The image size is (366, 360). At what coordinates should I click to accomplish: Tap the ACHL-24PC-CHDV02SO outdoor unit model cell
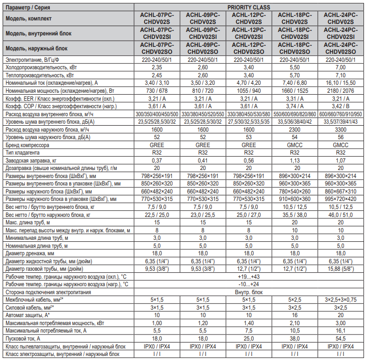tap(341, 48)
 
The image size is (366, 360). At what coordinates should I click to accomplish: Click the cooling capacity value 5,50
tap(295, 67)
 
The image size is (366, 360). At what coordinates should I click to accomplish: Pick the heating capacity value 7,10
tap(341, 75)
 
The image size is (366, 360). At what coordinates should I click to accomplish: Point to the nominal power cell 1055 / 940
tap(249, 91)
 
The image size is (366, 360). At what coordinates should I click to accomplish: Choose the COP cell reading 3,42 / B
tap(341, 106)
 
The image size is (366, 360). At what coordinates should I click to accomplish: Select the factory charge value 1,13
tap(295, 160)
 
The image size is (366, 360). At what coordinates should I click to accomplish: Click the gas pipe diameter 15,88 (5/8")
tap(341, 268)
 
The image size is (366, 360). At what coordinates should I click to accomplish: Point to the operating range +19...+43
tap(249, 276)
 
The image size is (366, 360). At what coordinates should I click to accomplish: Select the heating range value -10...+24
tap(249, 284)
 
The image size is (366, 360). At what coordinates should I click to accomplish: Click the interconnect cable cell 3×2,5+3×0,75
tap(341, 299)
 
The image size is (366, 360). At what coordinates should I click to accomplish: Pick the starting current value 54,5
tap(341, 338)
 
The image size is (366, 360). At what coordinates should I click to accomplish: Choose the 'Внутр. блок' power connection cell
tap(249, 292)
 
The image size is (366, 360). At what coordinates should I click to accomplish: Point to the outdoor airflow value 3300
tap(341, 129)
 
